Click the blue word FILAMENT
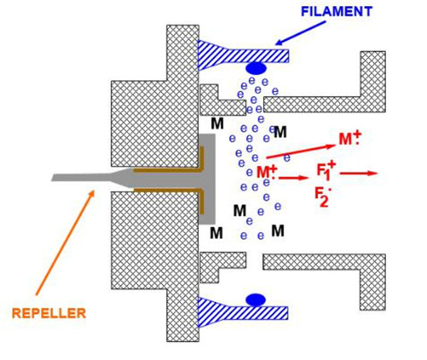point(336,12)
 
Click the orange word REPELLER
point(49,313)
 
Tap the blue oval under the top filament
point(256,68)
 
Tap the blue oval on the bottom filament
point(255,300)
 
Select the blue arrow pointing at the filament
point(301,33)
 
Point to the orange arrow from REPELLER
point(65,242)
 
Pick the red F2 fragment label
point(324,197)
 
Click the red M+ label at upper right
point(349,138)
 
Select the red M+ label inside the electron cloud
point(266,171)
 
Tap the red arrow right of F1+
point(359,173)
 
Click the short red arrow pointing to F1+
point(294,178)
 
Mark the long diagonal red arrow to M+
point(301,152)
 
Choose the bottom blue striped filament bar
point(243,312)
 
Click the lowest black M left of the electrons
point(216,233)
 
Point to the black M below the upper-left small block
point(218,124)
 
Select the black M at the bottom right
point(278,230)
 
